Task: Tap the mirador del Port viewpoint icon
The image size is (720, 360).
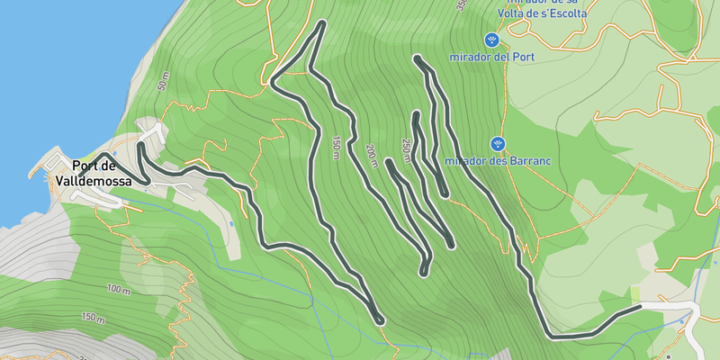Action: point(491,40)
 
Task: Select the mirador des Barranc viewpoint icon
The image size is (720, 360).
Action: point(498,144)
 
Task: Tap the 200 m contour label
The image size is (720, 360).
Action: point(372,155)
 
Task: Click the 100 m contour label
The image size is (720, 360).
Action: point(118,289)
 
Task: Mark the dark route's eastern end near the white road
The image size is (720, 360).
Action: point(639,307)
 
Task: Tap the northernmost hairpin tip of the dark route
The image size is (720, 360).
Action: point(321,22)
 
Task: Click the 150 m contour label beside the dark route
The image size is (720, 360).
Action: point(336,148)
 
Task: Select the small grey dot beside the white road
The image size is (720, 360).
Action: point(669,358)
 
